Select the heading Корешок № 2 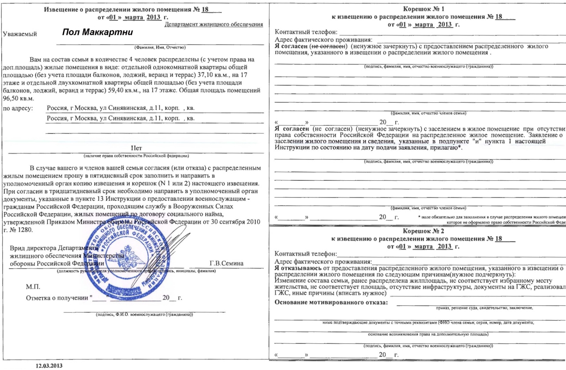coord(417,231)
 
